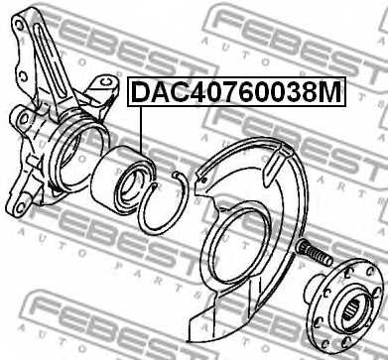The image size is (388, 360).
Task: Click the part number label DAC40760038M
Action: tap(235, 92)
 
